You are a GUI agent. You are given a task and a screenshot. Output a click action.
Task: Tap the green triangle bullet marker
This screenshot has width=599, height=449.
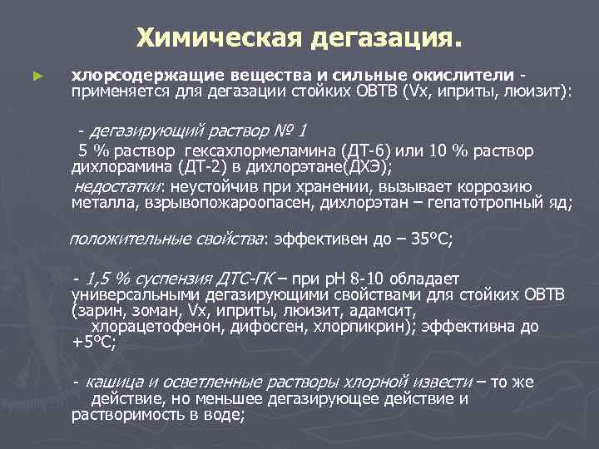click(x=36, y=75)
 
